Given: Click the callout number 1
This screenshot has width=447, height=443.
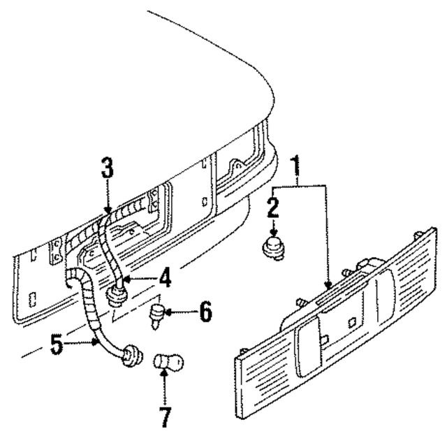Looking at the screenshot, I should (297, 167).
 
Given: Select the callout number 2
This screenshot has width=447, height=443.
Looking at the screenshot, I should (274, 208).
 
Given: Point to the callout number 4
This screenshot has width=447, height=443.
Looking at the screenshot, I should (165, 279).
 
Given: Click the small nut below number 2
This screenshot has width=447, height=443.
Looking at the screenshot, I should (273, 248).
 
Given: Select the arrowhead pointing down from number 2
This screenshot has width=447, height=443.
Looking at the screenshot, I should (273, 230).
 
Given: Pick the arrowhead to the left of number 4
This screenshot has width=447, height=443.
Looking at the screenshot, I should (128, 282).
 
